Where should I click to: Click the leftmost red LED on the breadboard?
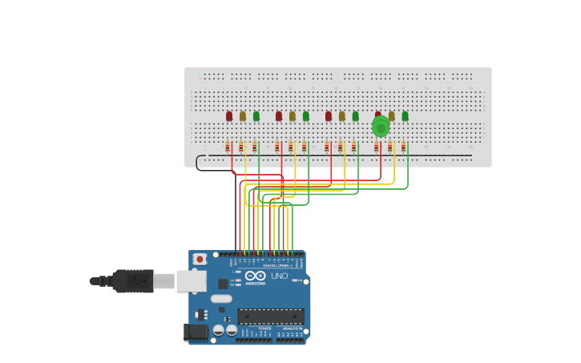coord(229,116)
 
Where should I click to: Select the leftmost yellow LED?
coord(243,116)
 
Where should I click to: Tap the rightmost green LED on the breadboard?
coord(405,116)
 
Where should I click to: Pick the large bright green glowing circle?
coord(381,127)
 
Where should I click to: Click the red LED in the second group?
coord(279,116)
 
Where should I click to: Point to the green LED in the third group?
coord(356,116)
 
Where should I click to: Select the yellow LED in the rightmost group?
coord(392,116)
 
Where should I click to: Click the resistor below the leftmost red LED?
coord(228,147)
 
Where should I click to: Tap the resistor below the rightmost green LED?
coord(404,147)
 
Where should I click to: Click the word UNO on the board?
coord(280,276)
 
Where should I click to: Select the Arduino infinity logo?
coord(256,276)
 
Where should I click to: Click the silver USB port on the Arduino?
coord(191,281)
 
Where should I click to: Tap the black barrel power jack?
coord(196,333)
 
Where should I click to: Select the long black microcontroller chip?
coord(271,317)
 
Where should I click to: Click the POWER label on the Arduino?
coord(264,329)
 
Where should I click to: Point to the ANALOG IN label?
coord(292,329)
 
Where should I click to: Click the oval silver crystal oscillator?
coord(221,299)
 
